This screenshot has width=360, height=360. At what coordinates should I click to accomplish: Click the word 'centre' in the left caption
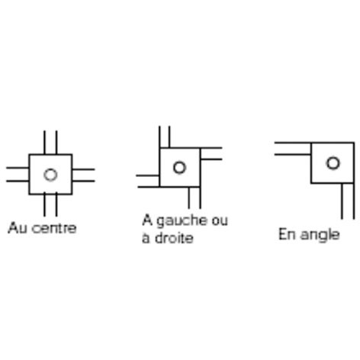pyautogui.click(x=53, y=228)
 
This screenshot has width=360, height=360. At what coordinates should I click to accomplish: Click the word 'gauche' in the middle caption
pyautogui.click(x=182, y=220)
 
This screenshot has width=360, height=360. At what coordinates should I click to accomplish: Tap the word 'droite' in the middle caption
pyautogui.click(x=174, y=238)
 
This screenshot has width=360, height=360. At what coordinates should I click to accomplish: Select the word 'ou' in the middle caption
pyautogui.click(x=220, y=221)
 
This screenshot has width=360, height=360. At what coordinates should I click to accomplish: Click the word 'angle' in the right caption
pyautogui.click(x=320, y=235)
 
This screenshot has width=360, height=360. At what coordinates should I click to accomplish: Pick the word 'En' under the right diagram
pyautogui.click(x=288, y=234)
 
